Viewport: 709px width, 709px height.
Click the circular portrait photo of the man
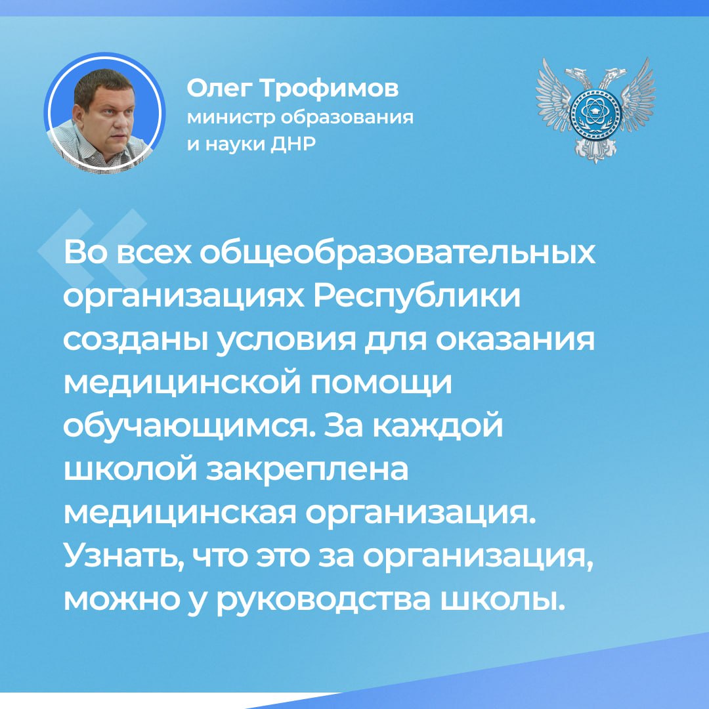click(x=104, y=113)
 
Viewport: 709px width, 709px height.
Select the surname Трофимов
click(x=328, y=89)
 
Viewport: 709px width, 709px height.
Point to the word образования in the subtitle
click(x=347, y=117)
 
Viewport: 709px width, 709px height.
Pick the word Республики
click(x=416, y=297)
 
